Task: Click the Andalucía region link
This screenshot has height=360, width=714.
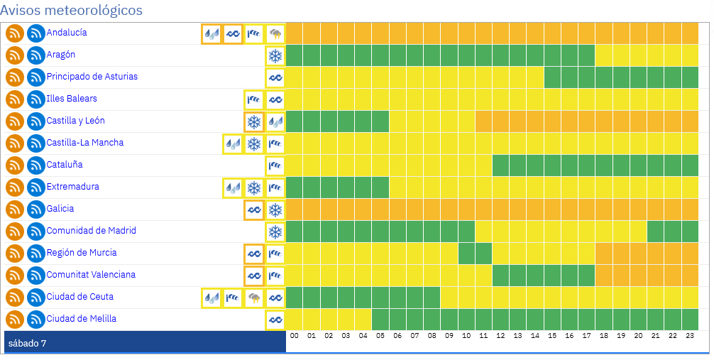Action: click(x=67, y=33)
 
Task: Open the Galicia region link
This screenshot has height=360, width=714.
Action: click(x=60, y=209)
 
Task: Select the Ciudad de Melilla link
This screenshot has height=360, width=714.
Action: click(x=81, y=319)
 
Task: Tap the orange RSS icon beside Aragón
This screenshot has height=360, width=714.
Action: click(x=15, y=55)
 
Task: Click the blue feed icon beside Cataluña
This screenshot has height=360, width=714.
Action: click(x=36, y=165)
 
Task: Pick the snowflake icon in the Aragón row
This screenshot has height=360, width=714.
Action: click(x=275, y=55)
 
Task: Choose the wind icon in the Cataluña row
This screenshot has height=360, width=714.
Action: click(x=275, y=165)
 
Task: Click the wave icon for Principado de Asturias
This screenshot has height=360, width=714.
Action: click(x=275, y=77)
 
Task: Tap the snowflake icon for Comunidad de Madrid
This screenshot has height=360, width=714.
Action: click(x=275, y=231)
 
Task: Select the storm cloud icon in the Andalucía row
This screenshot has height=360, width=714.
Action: click(x=275, y=33)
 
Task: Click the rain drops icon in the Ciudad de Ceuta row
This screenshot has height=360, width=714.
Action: click(x=212, y=298)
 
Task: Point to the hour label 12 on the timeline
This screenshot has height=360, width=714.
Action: click(x=500, y=336)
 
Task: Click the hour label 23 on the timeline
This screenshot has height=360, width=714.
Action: click(x=690, y=336)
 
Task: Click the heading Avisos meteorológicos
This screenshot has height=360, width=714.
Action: click(x=71, y=11)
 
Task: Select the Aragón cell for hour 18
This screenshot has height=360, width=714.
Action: click(x=604, y=55)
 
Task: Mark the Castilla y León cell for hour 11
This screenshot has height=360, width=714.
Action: click(x=483, y=121)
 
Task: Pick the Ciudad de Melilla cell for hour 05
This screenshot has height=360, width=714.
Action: click(x=380, y=320)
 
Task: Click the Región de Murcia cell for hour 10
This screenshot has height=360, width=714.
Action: click(x=466, y=253)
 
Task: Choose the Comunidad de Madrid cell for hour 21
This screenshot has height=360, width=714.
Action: click(x=656, y=231)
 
